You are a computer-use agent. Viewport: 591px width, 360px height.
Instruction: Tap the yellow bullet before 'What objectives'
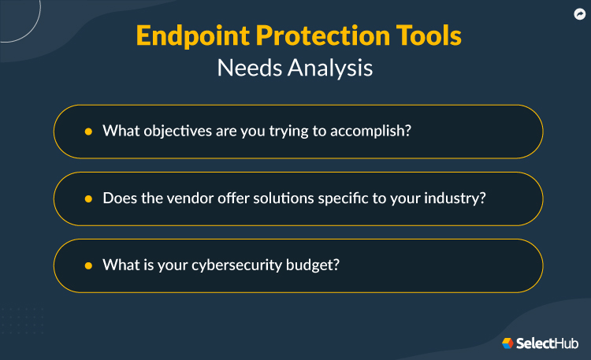pyautogui.click(x=88, y=132)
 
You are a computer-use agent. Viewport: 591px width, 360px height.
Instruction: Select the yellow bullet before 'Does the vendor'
pyautogui.click(x=88, y=199)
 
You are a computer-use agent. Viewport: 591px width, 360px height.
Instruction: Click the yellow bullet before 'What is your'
pyautogui.click(x=88, y=265)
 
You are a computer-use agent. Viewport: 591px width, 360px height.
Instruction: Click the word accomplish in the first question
pyautogui.click(x=373, y=132)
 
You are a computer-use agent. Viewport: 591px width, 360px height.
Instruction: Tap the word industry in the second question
pyautogui.click(x=456, y=199)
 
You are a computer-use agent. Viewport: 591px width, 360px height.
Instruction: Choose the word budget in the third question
pyautogui.click(x=315, y=265)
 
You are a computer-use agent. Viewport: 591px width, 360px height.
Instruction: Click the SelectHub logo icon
pyautogui.click(x=507, y=343)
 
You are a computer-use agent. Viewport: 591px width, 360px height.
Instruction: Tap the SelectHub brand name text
pyautogui.click(x=548, y=343)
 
